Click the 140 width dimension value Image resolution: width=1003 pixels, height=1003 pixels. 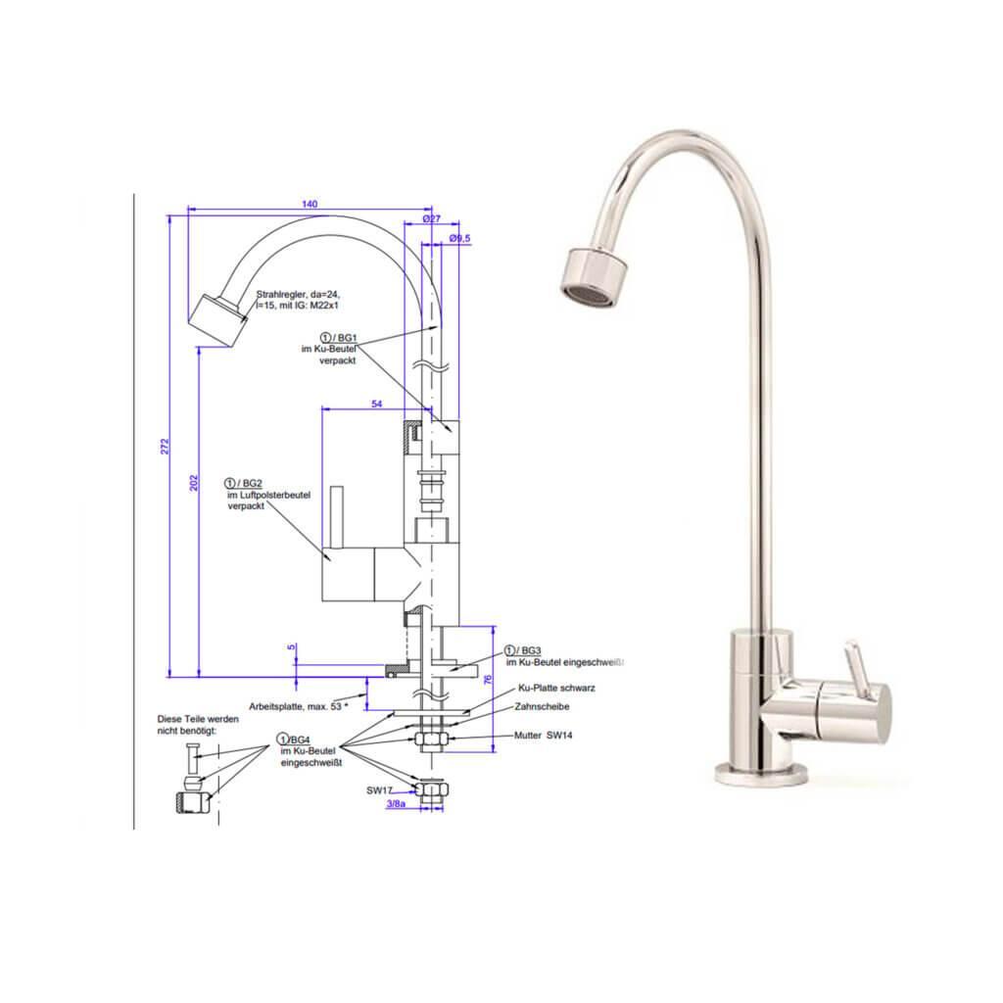[x=310, y=204]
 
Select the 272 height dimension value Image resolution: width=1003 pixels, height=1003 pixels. [x=165, y=447]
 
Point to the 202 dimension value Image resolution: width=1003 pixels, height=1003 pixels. [x=194, y=482]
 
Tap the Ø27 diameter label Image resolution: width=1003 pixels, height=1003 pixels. [x=432, y=218]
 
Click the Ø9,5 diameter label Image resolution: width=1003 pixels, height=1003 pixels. [x=460, y=238]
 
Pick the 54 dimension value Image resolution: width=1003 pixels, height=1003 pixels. [x=377, y=404]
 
